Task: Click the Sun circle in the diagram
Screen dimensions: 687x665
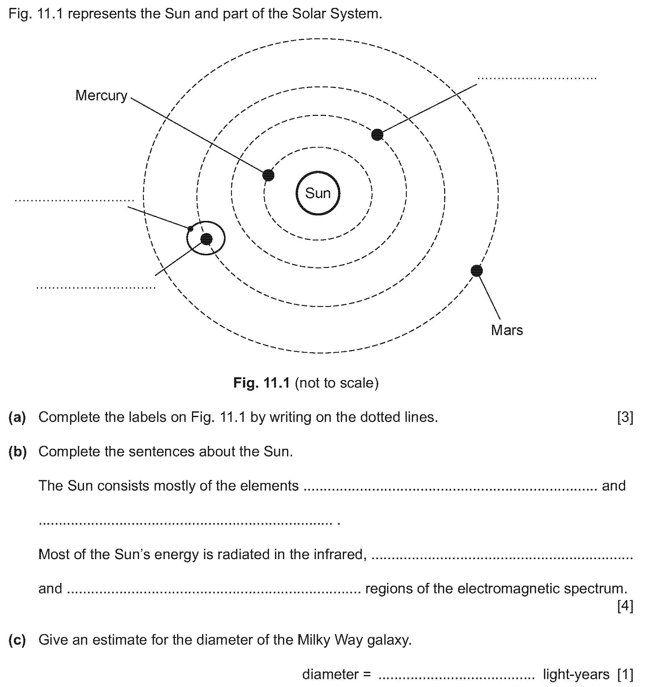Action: coord(317,193)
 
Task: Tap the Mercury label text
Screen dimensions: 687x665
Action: coord(101,95)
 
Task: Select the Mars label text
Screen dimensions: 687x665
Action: coord(507,330)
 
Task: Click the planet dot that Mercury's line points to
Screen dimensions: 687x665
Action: coord(268,175)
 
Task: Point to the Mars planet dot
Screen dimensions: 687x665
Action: coord(476,271)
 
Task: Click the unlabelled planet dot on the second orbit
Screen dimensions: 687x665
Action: coord(377,134)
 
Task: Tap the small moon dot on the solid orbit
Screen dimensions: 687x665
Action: coord(190,229)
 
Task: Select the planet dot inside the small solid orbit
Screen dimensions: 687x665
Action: coord(206,239)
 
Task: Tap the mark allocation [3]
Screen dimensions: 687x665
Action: coord(625,417)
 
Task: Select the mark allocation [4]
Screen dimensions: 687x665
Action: coord(625,606)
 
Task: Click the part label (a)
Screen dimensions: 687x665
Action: coord(17,417)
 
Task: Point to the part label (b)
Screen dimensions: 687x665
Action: coord(17,452)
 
